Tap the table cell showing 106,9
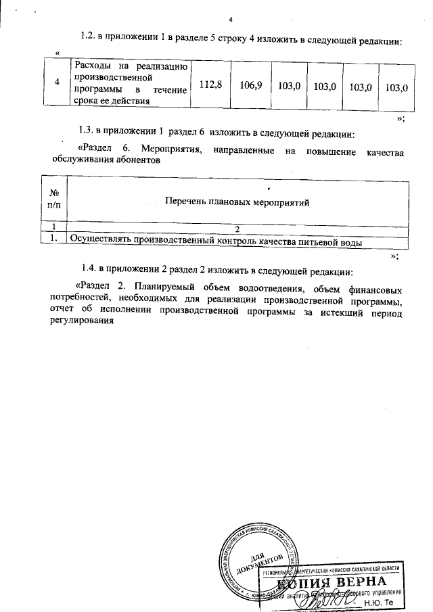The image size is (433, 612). pyautogui.click(x=250, y=85)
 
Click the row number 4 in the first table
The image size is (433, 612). pyautogui.click(x=55, y=85)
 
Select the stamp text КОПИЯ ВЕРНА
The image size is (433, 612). pyautogui.click(x=348, y=581)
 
